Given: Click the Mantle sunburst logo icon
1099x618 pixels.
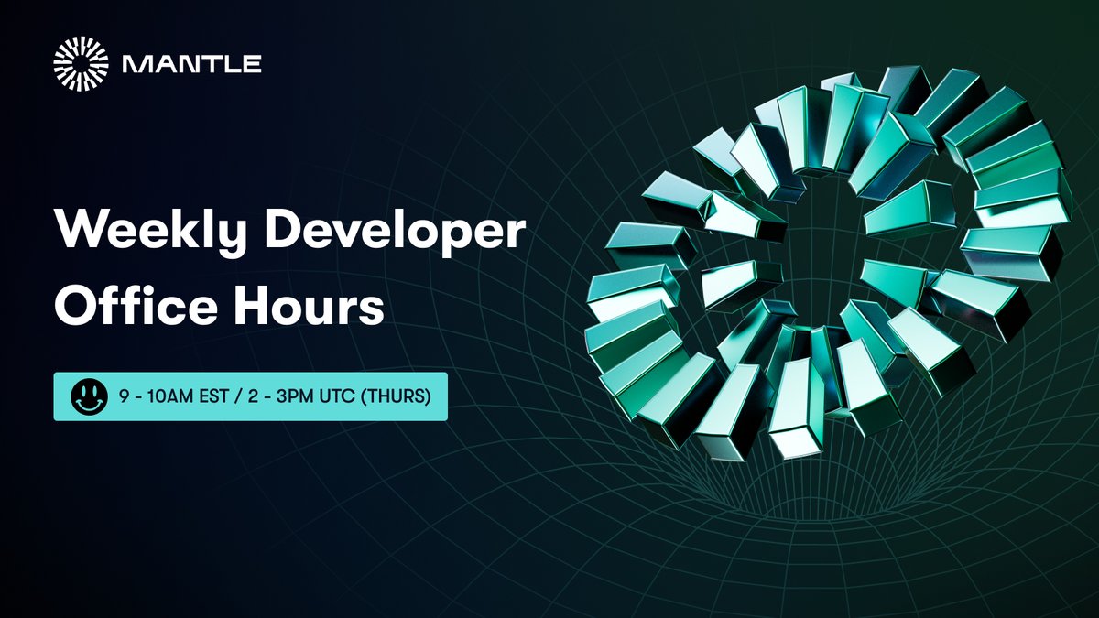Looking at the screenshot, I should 81,63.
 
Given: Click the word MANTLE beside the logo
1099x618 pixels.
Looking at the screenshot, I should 192,64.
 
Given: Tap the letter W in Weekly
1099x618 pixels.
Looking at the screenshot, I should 77,233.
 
